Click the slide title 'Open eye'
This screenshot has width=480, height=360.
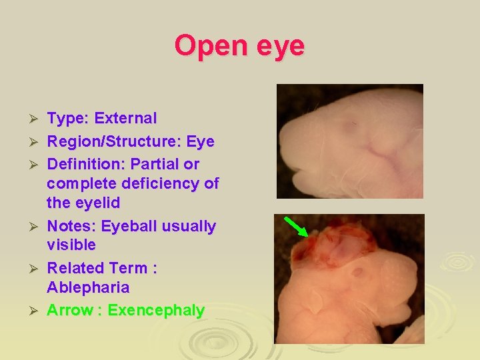pos(239,46)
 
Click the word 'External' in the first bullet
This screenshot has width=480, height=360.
pos(125,119)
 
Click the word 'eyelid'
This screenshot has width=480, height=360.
pos(97,202)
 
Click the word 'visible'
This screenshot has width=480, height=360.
pos(71,245)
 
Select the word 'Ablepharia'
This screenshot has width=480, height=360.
pos(88,288)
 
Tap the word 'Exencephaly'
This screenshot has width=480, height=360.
pos(156,311)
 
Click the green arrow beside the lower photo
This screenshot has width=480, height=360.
pos(295,226)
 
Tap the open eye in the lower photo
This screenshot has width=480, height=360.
pos(357,272)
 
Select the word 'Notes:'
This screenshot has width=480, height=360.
pos(71,227)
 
